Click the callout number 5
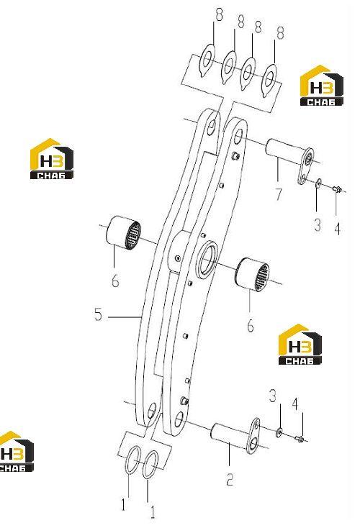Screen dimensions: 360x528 tap(98, 314)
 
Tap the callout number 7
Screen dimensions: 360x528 tap(279, 194)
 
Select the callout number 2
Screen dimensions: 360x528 tap(230, 479)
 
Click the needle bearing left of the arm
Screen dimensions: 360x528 tap(123, 232)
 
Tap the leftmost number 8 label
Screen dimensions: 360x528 tap(219, 15)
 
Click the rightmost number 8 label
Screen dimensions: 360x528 tap(280, 32)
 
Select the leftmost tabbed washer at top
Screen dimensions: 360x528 tap(207, 60)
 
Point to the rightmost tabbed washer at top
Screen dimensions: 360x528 tap(269, 79)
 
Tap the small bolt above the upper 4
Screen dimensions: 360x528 tap(337, 189)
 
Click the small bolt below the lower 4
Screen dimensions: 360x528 tap(300, 438)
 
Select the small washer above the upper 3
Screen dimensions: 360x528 tap(318, 184)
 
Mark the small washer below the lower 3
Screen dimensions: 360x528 tap(279, 432)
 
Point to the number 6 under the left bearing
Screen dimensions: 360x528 tap(115, 280)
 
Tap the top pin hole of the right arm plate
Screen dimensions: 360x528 tap(238, 136)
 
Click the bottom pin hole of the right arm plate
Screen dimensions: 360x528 tap(179, 419)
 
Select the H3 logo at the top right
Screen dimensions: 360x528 tap(321, 85)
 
